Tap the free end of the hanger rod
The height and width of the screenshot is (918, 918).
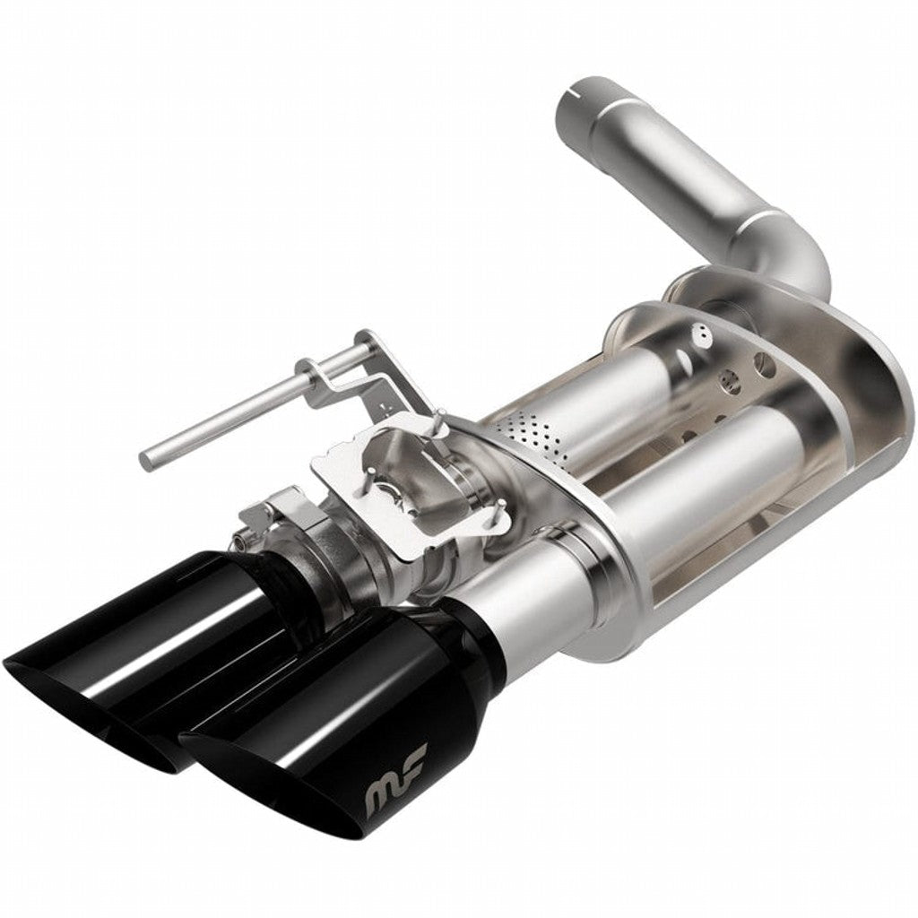pyautogui.click(x=147, y=460)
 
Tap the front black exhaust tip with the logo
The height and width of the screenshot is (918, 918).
pyautogui.click(x=341, y=717)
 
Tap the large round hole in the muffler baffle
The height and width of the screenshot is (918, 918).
pyautogui.click(x=763, y=364)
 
